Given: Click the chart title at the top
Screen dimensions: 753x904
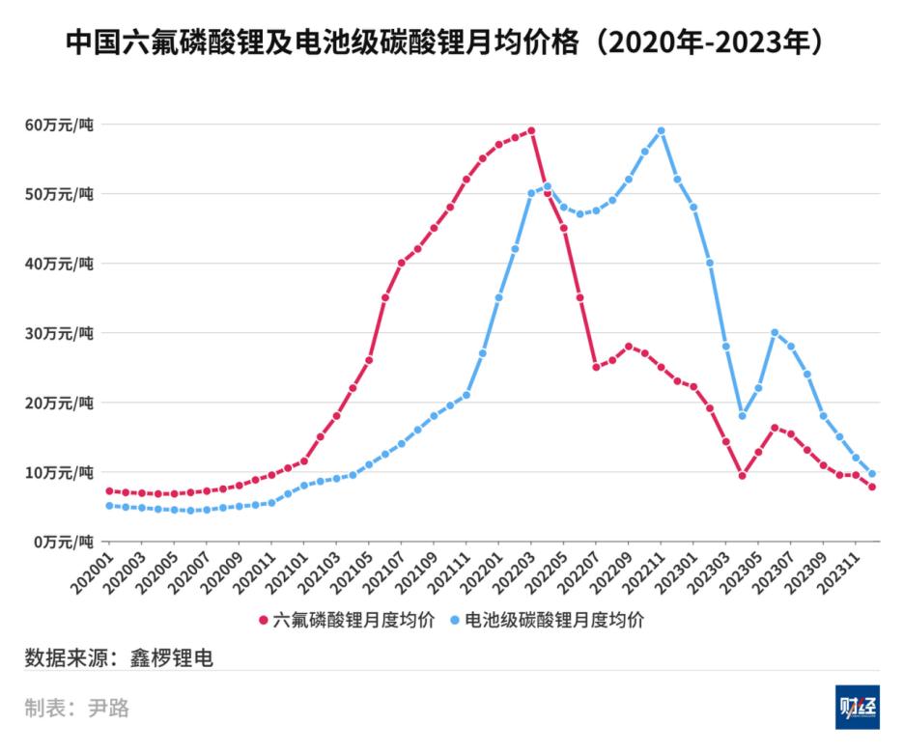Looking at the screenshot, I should [x=451, y=43].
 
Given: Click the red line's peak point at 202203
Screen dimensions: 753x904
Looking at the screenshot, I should [x=531, y=130].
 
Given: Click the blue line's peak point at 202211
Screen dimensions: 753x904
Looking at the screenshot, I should [x=661, y=130].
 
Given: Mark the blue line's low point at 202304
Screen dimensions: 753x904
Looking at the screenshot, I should [x=742, y=416].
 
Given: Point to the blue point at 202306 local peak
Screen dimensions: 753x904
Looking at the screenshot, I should [x=775, y=332].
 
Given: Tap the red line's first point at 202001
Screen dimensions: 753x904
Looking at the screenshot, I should [x=109, y=491].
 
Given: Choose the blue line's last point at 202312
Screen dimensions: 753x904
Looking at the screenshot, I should [x=872, y=474].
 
